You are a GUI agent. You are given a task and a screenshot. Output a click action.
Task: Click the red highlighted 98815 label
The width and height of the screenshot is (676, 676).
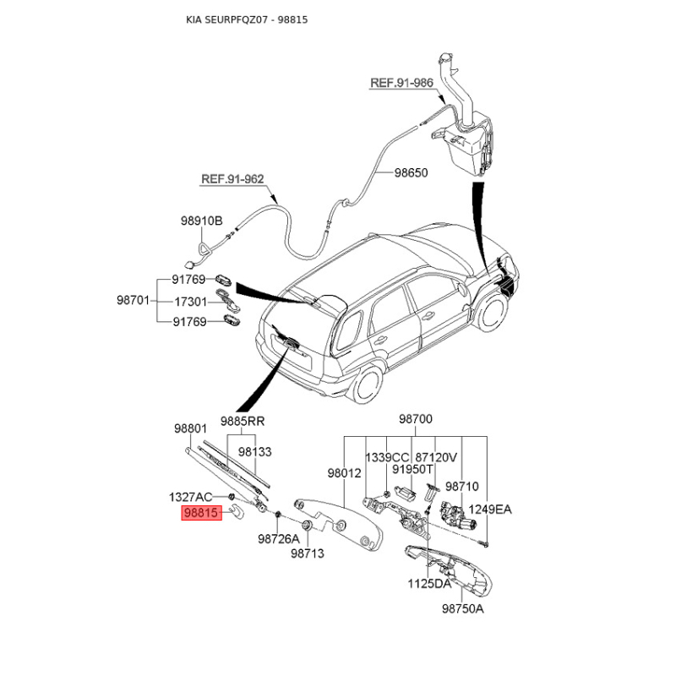pyautogui.click(x=201, y=513)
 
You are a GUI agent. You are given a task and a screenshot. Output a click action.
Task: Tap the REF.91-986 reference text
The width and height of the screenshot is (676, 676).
pyautogui.click(x=402, y=82)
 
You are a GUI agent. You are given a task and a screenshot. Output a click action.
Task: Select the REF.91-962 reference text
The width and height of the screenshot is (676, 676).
pyautogui.click(x=232, y=178)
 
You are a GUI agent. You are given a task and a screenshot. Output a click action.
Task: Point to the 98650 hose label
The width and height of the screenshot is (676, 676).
pyautogui.click(x=412, y=172)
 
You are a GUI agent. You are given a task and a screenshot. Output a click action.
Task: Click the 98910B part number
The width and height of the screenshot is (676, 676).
pyautogui.click(x=201, y=221)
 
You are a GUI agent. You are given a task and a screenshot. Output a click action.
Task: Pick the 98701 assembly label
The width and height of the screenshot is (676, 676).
pyautogui.click(x=133, y=300)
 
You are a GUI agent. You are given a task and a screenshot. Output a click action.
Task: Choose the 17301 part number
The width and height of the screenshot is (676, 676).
pyautogui.click(x=191, y=302)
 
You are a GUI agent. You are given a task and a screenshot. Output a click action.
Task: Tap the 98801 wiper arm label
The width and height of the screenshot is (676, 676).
pyautogui.click(x=191, y=428)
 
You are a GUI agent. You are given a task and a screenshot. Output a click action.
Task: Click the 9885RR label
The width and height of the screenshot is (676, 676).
pyautogui.click(x=243, y=421)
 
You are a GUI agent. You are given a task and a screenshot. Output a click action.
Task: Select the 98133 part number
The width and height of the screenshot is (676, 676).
pyautogui.click(x=255, y=451)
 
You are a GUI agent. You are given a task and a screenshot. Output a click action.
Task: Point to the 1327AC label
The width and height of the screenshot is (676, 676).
pyautogui.click(x=191, y=497)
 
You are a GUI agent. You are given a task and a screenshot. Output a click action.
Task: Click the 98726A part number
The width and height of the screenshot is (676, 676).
pyautogui.click(x=279, y=538)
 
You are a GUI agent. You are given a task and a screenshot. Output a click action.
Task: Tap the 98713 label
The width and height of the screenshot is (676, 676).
pyautogui.click(x=308, y=553)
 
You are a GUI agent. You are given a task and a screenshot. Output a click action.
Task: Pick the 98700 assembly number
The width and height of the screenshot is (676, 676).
pyautogui.click(x=416, y=418)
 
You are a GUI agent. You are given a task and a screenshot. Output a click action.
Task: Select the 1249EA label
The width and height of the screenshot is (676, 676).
pyautogui.click(x=490, y=510)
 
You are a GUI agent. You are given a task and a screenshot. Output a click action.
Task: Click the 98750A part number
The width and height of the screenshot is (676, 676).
pyautogui.click(x=463, y=608)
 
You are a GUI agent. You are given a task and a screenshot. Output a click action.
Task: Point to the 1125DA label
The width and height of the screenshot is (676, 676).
pyautogui.click(x=429, y=584)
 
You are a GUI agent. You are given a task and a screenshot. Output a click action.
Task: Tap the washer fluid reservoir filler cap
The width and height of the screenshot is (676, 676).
pyautogui.click(x=445, y=57)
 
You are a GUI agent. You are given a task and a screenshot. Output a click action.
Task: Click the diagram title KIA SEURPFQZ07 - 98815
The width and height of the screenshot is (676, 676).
pyautogui.click(x=247, y=19)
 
